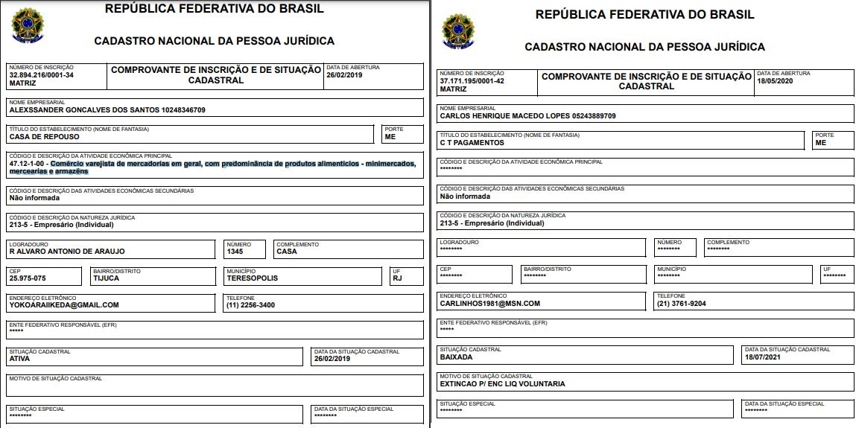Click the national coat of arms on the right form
458,31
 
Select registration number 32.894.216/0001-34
41,75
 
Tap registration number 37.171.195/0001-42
472,80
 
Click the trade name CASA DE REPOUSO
44,137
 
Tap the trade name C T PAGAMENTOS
472,142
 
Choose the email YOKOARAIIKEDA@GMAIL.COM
64,304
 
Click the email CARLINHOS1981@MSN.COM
490,303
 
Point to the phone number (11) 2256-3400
251,304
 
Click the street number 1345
236,251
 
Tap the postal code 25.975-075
28,278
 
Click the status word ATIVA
19,358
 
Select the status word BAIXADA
457,357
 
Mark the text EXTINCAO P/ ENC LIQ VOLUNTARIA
503,383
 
